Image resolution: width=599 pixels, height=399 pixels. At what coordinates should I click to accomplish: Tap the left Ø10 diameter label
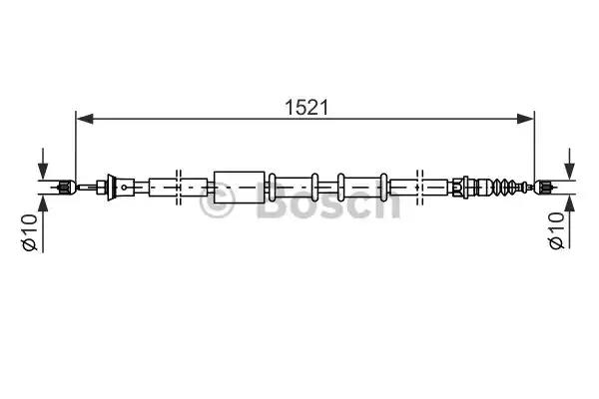tap(30, 232)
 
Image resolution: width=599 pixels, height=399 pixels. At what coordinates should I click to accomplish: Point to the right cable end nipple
tap(545, 185)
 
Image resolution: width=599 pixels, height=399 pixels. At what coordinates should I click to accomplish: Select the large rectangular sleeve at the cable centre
tap(240, 185)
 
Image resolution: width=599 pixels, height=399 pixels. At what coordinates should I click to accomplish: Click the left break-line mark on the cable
tap(178, 185)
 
